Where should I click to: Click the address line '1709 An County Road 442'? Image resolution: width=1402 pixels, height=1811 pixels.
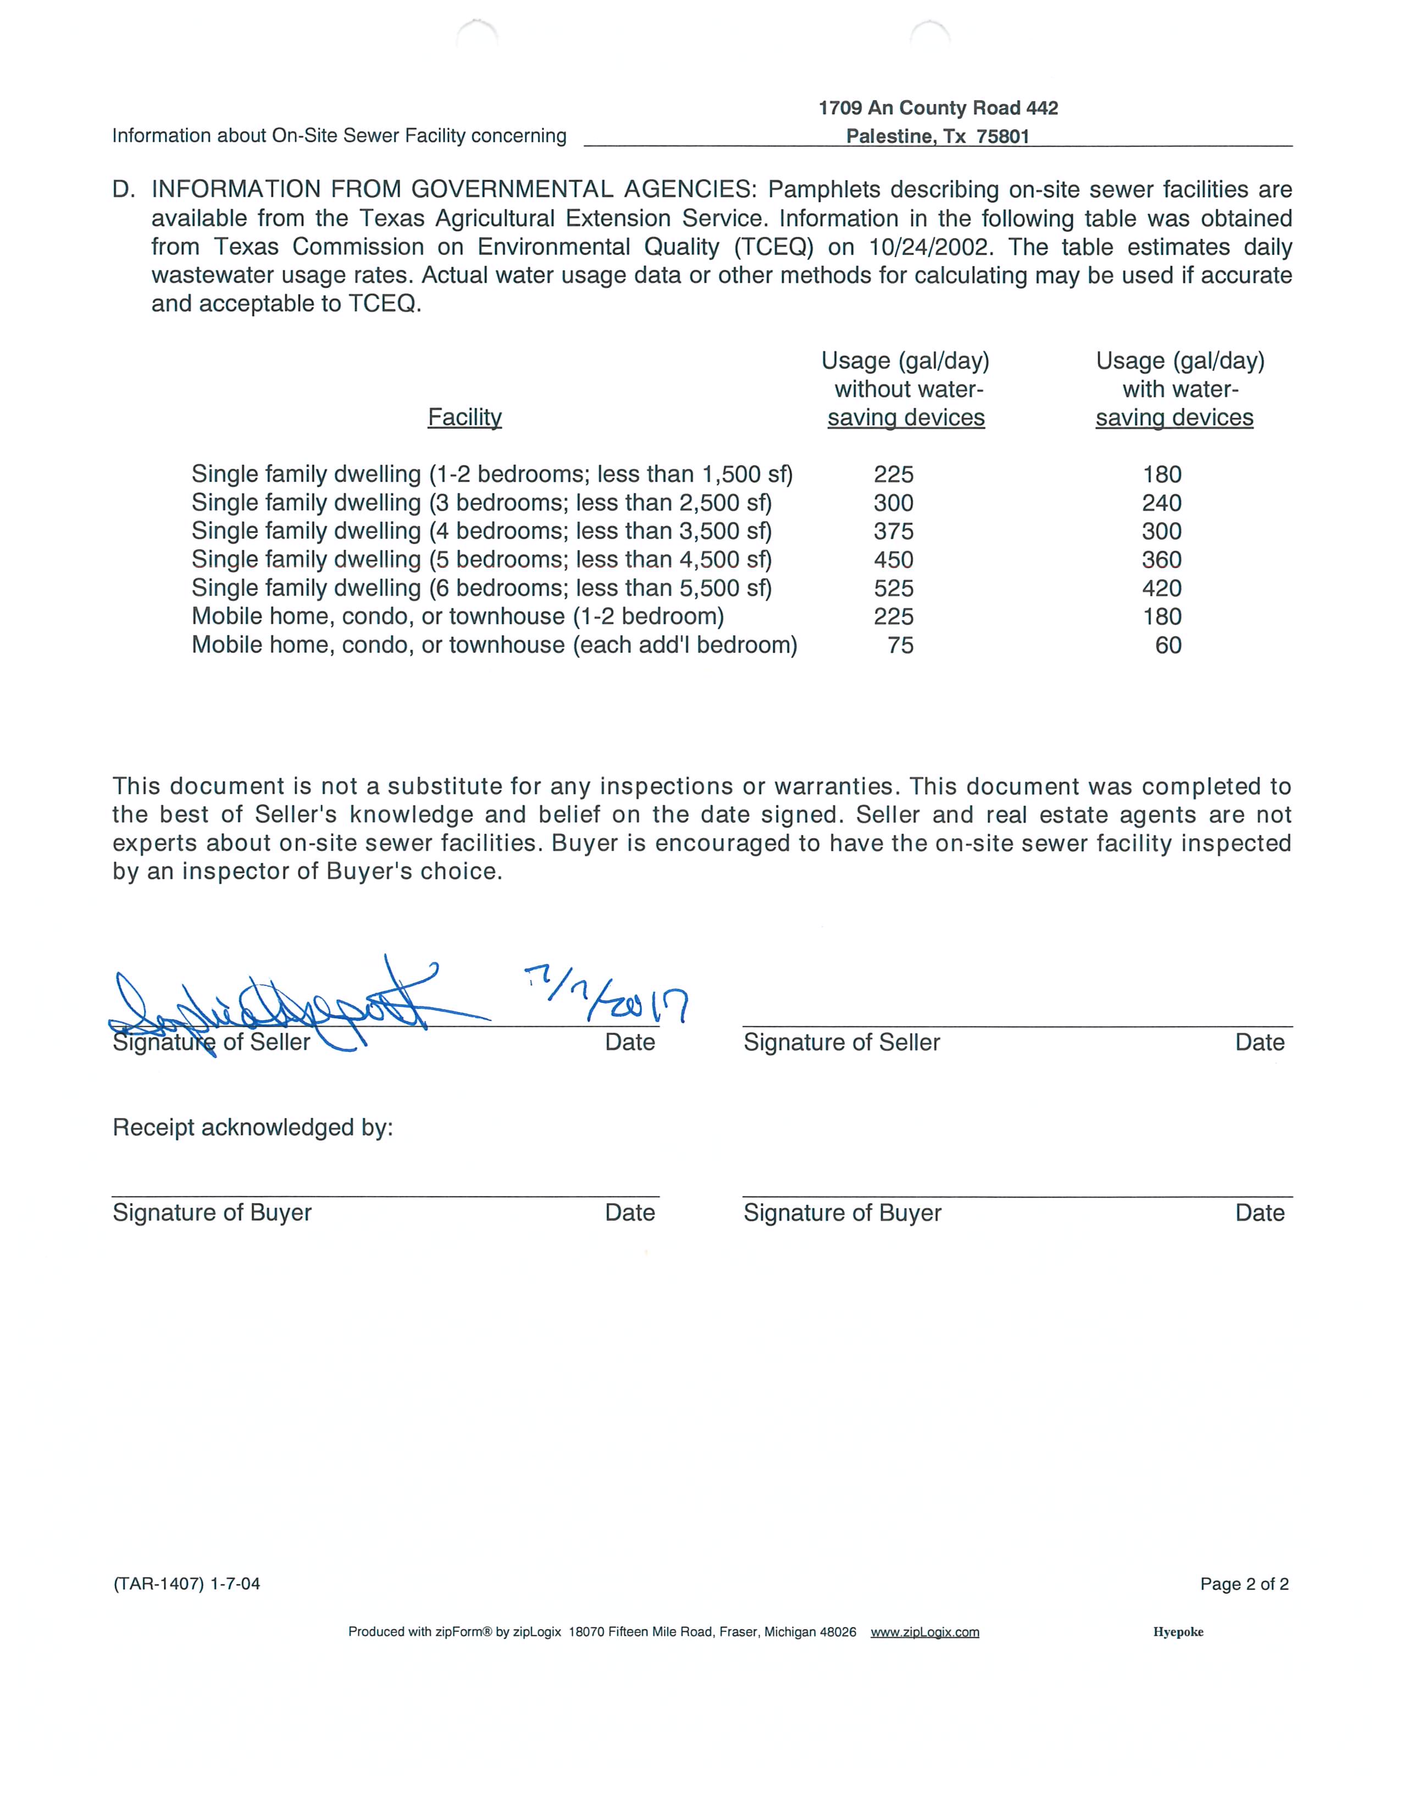click(938, 108)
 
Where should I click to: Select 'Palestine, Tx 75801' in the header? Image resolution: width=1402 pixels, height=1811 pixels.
click(938, 137)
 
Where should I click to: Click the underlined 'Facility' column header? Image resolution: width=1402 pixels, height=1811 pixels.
click(464, 417)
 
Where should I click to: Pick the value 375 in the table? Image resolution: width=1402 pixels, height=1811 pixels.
click(893, 531)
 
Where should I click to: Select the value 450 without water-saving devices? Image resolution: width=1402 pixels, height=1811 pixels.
click(893, 560)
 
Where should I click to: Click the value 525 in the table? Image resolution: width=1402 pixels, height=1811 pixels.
click(893, 589)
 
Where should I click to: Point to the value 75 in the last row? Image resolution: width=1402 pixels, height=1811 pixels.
click(900, 645)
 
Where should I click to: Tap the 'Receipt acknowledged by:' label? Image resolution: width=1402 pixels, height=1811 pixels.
click(253, 1128)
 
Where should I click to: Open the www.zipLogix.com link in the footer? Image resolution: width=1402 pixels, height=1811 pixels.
click(924, 1632)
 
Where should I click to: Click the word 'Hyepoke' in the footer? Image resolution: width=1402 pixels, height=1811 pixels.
click(1177, 1632)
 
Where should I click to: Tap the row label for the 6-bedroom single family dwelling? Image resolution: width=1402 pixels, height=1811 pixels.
click(481, 589)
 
